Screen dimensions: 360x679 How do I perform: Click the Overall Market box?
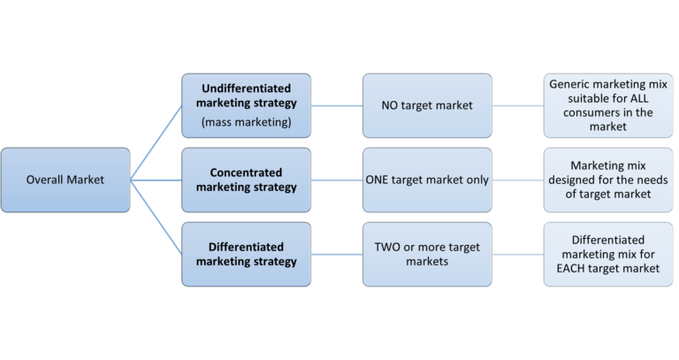(66, 180)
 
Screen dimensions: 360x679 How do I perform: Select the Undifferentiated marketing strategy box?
(246, 105)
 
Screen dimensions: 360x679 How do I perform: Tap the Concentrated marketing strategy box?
(246, 180)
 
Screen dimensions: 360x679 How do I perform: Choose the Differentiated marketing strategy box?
(246, 254)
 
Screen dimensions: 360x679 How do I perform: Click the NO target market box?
(427, 105)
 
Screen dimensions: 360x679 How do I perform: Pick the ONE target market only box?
(427, 180)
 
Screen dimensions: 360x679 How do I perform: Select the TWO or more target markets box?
(427, 254)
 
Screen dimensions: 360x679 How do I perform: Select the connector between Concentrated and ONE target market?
(337, 180)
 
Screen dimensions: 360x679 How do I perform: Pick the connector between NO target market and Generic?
(516, 105)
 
